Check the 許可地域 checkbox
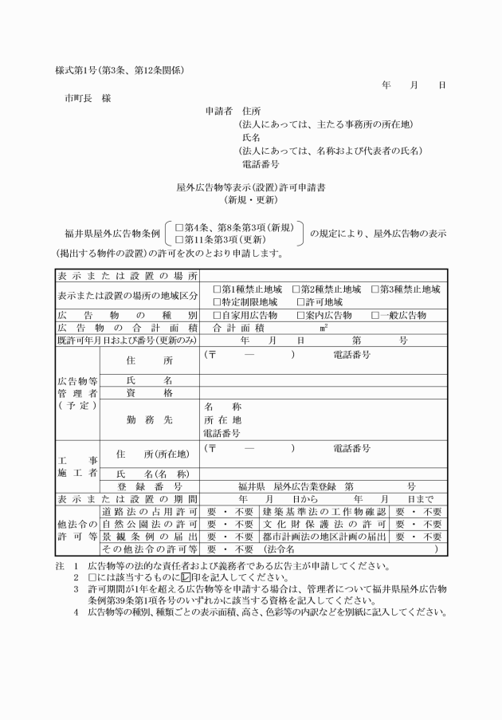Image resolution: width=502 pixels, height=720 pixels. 300,302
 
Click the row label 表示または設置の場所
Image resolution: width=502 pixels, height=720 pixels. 127,277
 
